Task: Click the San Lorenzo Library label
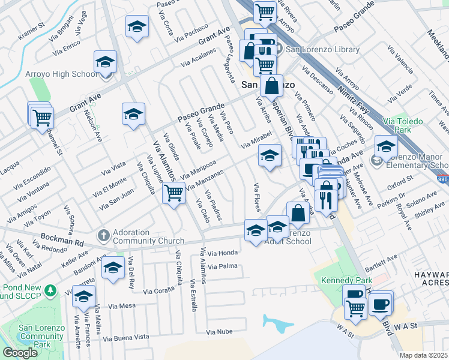click(316, 50)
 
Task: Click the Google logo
click(20, 353)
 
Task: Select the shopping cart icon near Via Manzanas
click(173, 193)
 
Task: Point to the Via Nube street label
click(218, 331)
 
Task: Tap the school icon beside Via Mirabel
click(270, 156)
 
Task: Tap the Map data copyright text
click(424, 355)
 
